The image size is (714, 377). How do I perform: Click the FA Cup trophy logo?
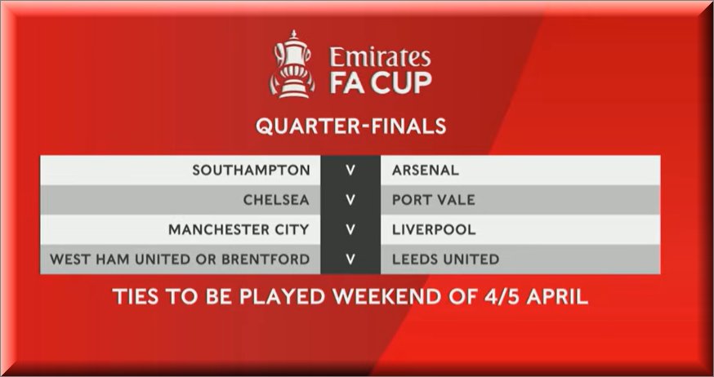pos(292,65)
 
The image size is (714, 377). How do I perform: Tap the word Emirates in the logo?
pos(379,57)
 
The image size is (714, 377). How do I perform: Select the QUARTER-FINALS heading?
pos(351,126)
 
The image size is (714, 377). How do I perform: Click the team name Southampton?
pos(251,171)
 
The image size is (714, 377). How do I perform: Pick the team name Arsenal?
pos(426,171)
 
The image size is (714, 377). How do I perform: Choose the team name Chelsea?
pos(276,200)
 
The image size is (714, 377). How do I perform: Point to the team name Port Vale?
pos(432,200)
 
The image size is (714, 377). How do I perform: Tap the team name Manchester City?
pos(239,230)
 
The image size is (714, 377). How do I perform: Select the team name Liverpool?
pos(428,230)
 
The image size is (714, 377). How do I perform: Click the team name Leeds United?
pos(446,259)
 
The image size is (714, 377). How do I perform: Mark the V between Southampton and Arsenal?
pos(350,171)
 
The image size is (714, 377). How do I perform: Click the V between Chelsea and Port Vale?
pos(350,200)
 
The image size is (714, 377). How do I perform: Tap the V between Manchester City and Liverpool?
pos(350,230)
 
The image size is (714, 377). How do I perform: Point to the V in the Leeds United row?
pos(350,259)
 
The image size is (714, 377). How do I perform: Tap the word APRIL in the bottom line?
pos(557,296)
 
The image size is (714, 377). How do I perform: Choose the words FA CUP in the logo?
pos(380,82)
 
